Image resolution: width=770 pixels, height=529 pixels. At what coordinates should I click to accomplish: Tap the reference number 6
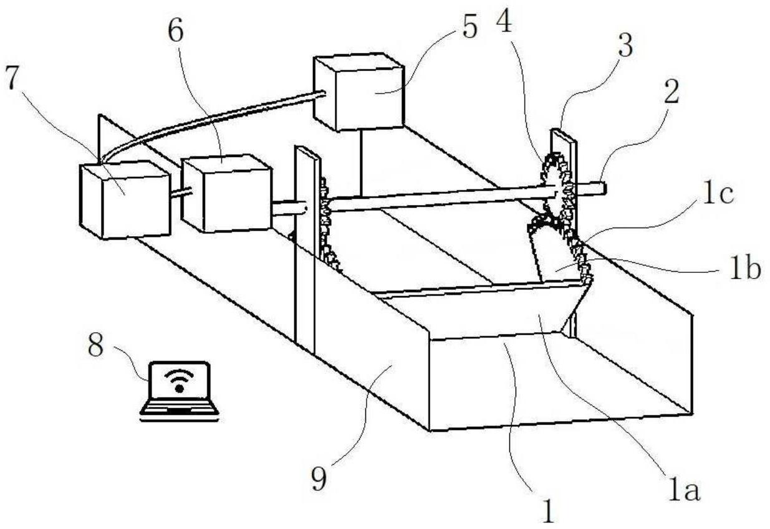[176, 31]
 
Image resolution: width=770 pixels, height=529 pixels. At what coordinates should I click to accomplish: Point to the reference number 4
[504, 21]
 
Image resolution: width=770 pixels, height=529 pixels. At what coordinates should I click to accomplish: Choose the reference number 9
[319, 480]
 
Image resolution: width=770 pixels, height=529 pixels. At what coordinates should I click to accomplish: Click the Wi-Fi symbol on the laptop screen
[179, 381]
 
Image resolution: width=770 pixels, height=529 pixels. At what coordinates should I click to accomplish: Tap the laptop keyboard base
[180, 411]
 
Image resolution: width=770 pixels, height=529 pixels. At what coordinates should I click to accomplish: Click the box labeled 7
[125, 200]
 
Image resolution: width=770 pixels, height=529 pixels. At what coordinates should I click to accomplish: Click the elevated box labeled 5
[359, 92]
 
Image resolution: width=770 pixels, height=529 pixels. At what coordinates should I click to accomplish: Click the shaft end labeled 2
[592, 188]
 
